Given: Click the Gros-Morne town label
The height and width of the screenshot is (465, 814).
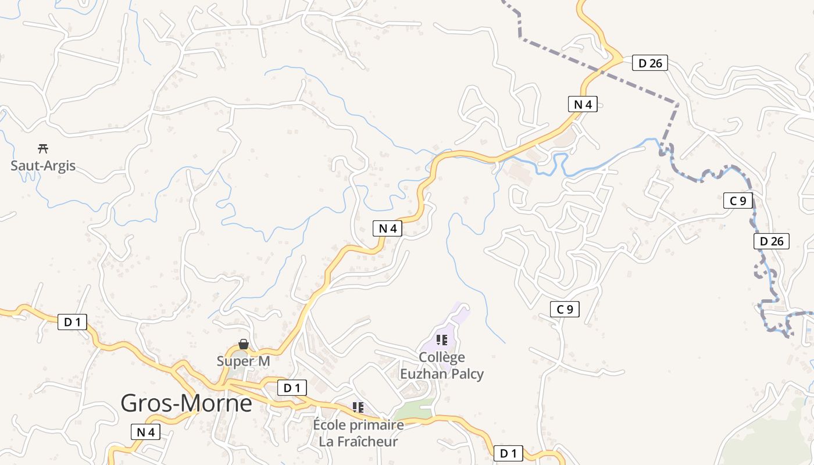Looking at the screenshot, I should pos(186,403).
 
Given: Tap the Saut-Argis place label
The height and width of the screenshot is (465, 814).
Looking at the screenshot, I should pos(43,166).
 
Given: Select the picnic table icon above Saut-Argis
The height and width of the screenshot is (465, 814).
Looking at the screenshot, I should pos(42,148).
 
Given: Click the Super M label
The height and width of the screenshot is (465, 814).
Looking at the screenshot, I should pos(243,361).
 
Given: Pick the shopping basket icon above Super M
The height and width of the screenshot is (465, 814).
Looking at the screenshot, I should pos(244,345).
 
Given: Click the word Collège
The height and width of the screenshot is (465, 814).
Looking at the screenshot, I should pos(442,357).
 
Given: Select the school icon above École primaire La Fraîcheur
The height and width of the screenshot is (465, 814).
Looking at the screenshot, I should pos(358,407).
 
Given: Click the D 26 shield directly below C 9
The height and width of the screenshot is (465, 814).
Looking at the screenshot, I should pos(772,241).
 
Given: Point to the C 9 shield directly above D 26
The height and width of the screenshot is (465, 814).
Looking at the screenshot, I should pos(738,201).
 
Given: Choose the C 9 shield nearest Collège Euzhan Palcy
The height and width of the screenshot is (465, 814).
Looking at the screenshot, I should pos(565,309).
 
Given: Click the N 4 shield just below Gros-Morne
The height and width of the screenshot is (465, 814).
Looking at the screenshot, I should pos(146,432).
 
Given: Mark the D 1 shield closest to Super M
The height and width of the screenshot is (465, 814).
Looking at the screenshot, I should pos(292,388).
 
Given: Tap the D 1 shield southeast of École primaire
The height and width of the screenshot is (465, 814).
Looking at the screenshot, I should pos(508,453).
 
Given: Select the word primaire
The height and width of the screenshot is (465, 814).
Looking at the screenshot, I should pos(380,425).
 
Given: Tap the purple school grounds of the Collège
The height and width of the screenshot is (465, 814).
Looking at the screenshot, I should pos(459,317).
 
